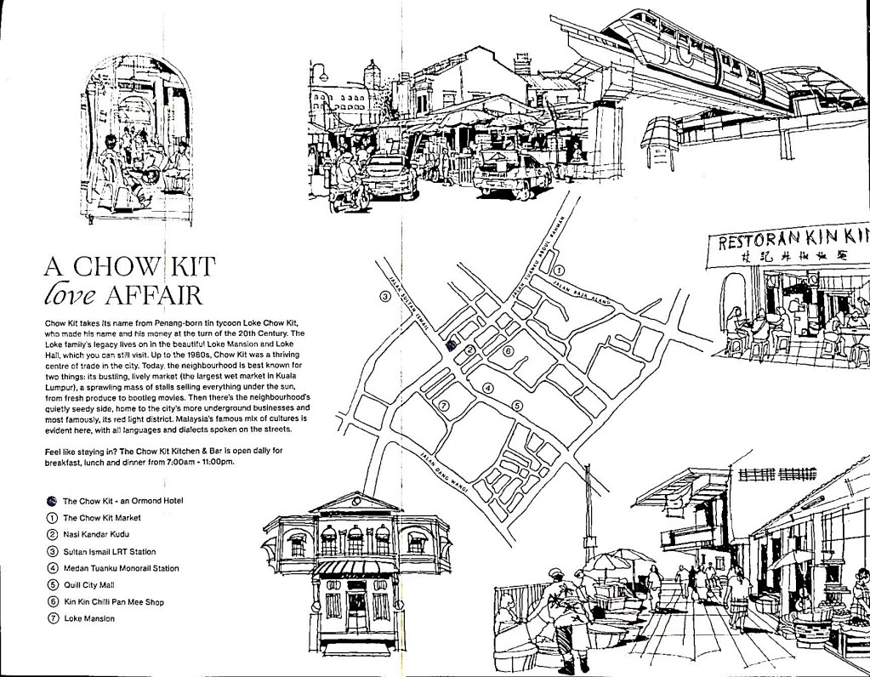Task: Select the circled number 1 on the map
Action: pyautogui.click(x=559, y=270)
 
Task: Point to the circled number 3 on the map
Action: pyautogui.click(x=384, y=296)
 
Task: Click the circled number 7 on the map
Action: pyautogui.click(x=443, y=406)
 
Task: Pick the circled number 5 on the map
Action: pyautogui.click(x=517, y=406)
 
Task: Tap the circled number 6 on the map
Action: pyautogui.click(x=508, y=351)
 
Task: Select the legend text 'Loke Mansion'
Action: pyautogui.click(x=89, y=618)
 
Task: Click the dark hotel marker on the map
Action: pyautogui.click(x=451, y=344)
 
